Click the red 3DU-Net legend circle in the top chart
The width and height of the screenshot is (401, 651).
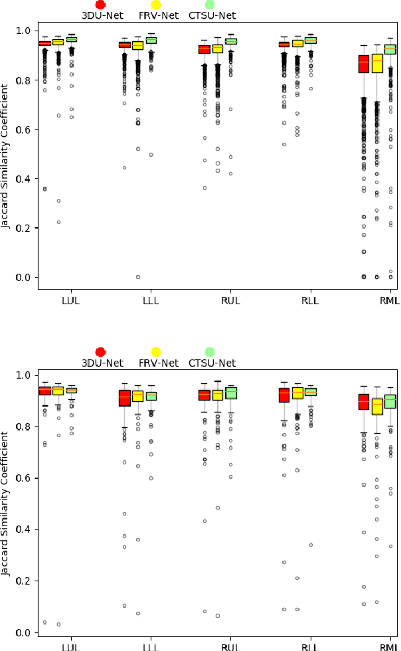[100, 5]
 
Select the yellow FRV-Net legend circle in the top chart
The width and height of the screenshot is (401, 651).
[155, 5]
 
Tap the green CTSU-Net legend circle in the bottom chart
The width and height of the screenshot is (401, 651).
[210, 351]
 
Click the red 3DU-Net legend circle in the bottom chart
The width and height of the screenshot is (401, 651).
[100, 351]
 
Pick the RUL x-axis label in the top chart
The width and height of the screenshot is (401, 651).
[230, 301]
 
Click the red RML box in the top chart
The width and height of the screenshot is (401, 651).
[364, 64]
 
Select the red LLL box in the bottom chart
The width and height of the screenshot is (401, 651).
[124, 397]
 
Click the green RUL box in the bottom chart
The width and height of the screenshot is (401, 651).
[230, 393]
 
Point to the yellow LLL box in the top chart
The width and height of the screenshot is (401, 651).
[137, 46]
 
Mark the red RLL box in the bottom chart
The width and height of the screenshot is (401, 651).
[284, 395]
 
